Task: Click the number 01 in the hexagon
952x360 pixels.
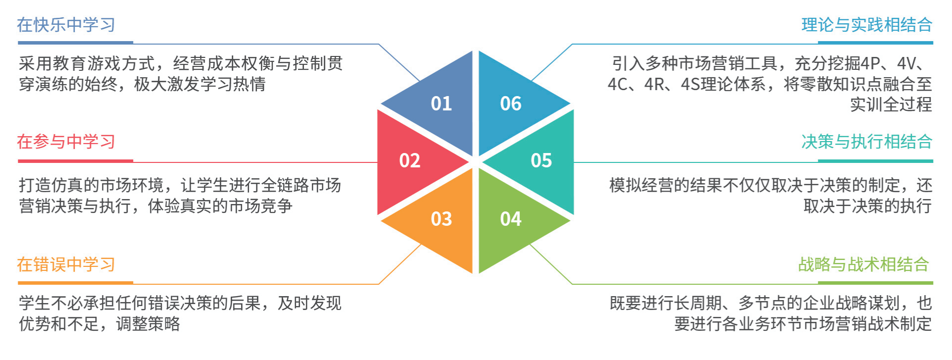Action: tap(441, 103)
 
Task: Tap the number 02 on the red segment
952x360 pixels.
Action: tap(409, 160)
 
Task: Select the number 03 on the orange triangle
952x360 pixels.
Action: tap(441, 219)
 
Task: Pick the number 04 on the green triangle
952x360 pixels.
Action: tap(510, 219)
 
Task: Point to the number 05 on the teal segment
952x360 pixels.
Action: tap(541, 160)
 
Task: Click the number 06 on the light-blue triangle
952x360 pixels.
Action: tap(510, 103)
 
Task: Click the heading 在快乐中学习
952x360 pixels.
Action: tap(66, 25)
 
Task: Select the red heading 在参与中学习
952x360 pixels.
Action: tap(66, 142)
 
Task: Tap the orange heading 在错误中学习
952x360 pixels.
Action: tap(66, 264)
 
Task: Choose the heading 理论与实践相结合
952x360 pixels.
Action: tap(867, 25)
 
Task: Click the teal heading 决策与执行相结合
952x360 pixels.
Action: tap(867, 142)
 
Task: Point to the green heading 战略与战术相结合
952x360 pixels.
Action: tap(863, 264)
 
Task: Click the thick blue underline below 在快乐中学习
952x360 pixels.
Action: tap(75, 43)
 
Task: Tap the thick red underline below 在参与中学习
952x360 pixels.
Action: tap(75, 161)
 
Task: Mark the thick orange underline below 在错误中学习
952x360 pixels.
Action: tap(75, 283)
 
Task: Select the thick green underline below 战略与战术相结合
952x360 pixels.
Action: tap(875, 283)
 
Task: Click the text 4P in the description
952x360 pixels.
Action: tap(870, 63)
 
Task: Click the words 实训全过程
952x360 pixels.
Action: tap(891, 104)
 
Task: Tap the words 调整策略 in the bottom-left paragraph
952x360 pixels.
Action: tap(148, 324)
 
